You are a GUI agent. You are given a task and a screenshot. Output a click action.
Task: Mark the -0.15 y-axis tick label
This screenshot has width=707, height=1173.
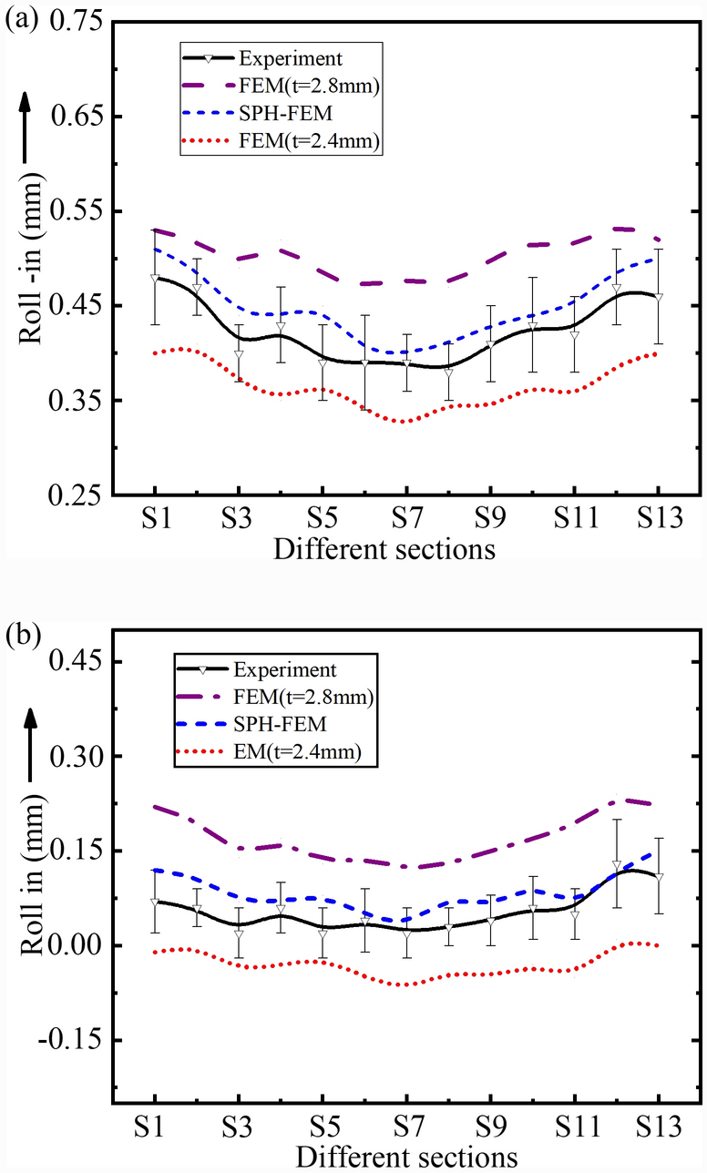[77, 1040]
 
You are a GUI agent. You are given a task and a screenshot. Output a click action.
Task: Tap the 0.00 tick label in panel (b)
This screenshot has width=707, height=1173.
[80, 945]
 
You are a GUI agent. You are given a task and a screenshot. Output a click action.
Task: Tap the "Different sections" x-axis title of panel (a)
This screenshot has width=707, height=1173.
[384, 550]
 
